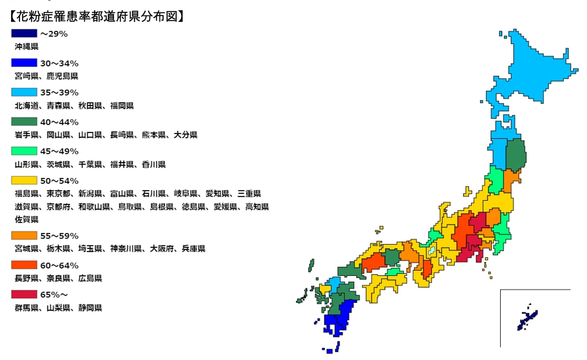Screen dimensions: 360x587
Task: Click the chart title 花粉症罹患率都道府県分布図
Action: point(96,17)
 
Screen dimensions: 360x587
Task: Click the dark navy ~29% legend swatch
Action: point(24,33)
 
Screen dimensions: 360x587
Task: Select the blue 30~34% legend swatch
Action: point(24,63)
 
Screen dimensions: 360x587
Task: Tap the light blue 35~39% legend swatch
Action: point(24,92)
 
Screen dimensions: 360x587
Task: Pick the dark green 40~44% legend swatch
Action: point(24,122)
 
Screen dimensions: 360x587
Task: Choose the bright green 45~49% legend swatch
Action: point(24,151)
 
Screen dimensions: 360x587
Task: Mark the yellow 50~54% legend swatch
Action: point(24,181)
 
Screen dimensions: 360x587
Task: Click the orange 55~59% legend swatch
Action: point(24,236)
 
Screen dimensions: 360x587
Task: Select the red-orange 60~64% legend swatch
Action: point(24,265)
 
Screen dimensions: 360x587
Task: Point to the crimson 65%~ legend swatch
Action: point(24,294)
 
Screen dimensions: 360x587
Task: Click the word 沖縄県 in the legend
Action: point(27,46)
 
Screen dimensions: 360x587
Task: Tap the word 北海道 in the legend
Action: point(27,105)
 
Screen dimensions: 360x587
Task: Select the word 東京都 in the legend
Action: point(59,194)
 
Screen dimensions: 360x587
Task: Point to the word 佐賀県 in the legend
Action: point(27,219)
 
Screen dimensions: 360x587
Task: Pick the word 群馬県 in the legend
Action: point(27,308)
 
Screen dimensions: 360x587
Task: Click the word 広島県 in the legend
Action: point(90,278)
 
